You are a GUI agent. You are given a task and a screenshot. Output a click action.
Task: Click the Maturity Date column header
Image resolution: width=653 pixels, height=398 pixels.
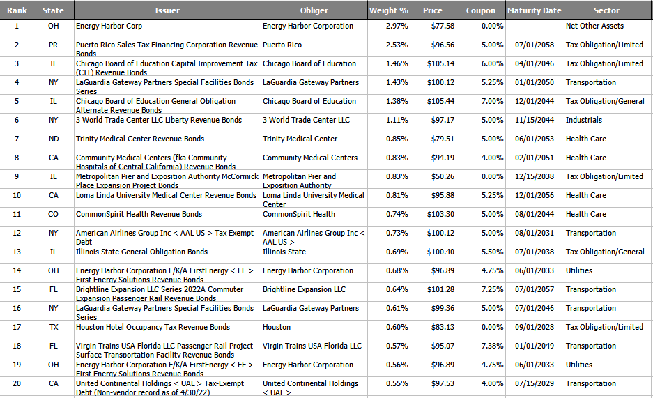coord(534,10)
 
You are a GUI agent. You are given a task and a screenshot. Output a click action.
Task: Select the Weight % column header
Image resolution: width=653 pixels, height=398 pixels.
coord(389,10)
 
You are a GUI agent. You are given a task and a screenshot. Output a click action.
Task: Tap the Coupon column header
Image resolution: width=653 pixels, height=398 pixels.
coord(481,10)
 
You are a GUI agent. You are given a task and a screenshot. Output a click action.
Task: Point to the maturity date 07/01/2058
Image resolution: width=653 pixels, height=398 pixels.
coord(535,45)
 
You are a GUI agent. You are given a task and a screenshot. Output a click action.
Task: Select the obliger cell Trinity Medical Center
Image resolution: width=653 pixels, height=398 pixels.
coord(300,139)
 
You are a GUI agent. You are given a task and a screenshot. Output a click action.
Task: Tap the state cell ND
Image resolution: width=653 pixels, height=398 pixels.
coord(54,139)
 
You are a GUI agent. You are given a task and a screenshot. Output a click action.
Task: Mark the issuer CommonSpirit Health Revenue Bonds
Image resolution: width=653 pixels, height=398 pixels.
coord(139,214)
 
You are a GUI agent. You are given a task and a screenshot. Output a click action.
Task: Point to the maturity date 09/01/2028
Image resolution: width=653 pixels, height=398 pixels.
coord(535,327)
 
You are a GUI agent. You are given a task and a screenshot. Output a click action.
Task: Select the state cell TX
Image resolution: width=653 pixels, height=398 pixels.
coord(54,327)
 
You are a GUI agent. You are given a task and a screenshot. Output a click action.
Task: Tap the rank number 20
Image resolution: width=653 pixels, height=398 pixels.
coord(17,383)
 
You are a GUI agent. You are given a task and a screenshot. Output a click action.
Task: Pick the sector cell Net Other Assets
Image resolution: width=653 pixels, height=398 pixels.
coord(594,26)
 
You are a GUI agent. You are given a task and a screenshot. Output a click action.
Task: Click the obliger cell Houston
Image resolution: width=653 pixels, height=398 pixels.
coord(277,327)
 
